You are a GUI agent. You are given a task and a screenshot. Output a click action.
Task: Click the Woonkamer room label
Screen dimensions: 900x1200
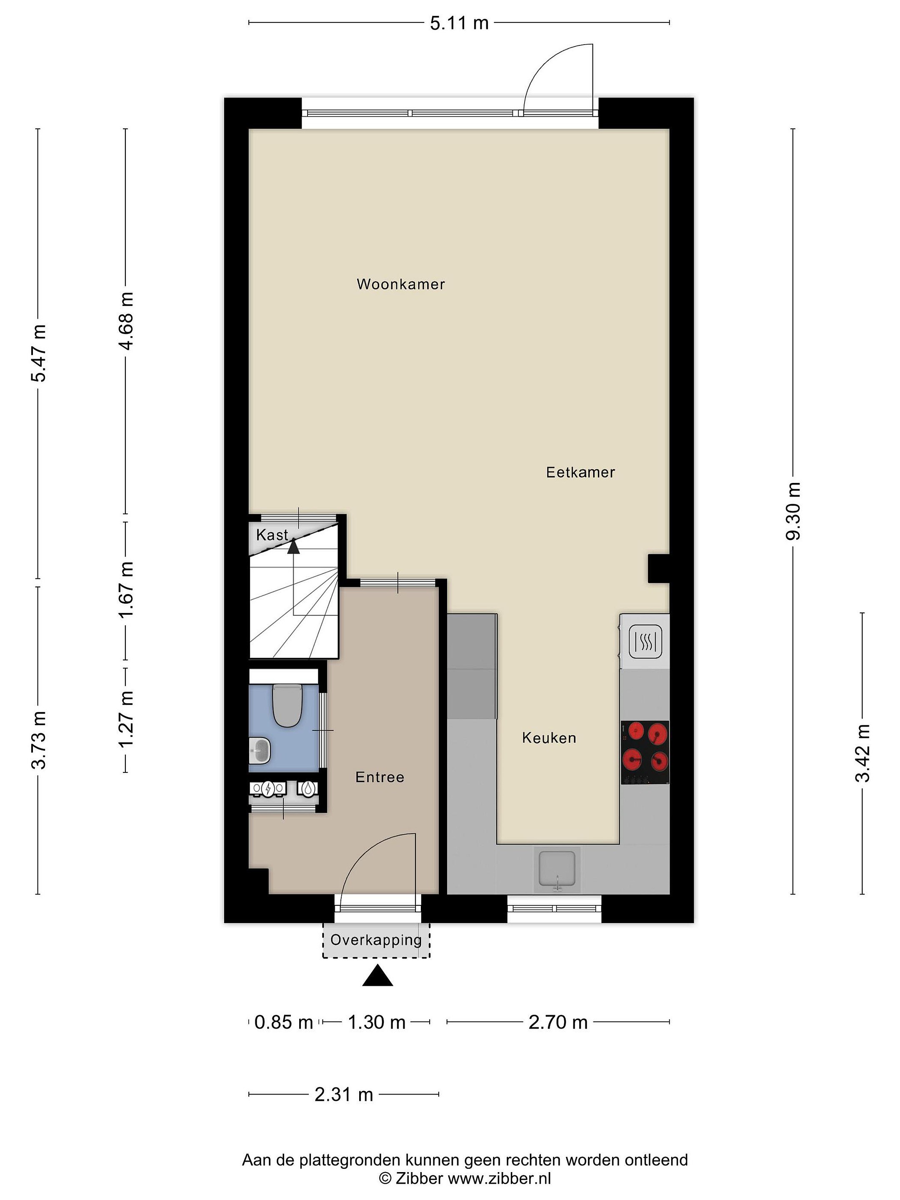click(x=400, y=284)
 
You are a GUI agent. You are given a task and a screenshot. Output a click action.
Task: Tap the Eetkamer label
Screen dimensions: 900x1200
click(x=580, y=472)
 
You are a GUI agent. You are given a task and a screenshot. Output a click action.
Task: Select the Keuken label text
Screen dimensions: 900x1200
click(x=549, y=738)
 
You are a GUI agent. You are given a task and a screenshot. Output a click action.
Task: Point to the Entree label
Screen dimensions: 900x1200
click(x=380, y=777)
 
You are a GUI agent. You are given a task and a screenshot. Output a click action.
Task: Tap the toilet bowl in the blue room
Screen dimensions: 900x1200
click(x=287, y=705)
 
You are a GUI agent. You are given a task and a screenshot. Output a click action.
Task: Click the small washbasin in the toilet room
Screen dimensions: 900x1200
click(x=260, y=751)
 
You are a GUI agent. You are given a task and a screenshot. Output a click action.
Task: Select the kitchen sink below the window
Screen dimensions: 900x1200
click(x=557, y=870)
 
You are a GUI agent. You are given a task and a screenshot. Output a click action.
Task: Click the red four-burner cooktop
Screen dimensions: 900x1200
click(x=645, y=752)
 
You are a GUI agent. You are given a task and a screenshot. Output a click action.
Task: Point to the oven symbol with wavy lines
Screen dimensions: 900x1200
click(x=645, y=642)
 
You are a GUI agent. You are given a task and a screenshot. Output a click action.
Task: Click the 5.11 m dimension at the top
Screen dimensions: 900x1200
click(x=459, y=23)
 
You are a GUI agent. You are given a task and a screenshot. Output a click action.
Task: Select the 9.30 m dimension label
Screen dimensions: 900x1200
click(x=792, y=511)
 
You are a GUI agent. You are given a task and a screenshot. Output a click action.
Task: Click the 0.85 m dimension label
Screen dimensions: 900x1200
click(x=284, y=1022)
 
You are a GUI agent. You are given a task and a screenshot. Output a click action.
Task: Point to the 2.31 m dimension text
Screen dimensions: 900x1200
click(x=344, y=1095)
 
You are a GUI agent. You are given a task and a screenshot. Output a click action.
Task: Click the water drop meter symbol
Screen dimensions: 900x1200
click(x=308, y=788)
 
